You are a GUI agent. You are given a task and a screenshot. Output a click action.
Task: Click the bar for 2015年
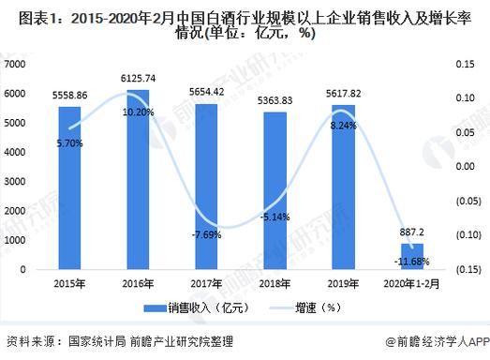coord(69,187)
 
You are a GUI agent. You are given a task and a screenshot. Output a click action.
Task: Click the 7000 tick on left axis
coord(17,64)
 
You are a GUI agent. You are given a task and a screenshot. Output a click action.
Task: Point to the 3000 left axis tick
coord(17,181)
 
